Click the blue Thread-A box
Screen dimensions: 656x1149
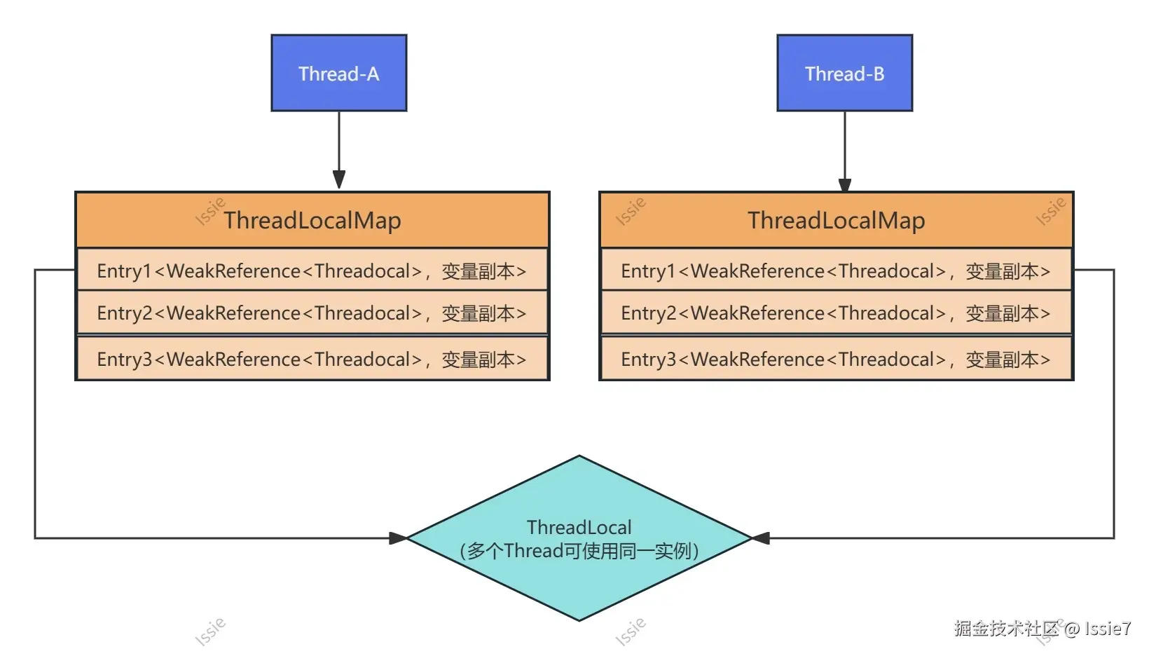(x=339, y=73)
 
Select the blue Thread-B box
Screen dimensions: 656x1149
(x=844, y=73)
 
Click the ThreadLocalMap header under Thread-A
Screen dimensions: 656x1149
(x=312, y=220)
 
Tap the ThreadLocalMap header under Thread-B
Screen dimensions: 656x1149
(x=836, y=220)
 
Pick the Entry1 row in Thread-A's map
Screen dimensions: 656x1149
(x=312, y=271)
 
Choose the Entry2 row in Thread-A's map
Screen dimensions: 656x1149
(x=312, y=313)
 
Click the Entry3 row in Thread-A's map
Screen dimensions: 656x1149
(x=312, y=359)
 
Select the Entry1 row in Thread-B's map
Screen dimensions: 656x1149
(x=836, y=271)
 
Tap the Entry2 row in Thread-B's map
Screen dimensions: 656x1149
(x=836, y=313)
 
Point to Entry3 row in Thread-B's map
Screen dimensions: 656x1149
(x=836, y=359)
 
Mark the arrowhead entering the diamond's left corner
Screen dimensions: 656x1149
(x=398, y=538)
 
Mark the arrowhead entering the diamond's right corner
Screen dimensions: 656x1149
(x=761, y=538)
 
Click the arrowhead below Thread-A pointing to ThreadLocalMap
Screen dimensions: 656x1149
(x=339, y=179)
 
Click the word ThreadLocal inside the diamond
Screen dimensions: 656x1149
(x=579, y=527)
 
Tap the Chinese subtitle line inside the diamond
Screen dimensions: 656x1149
(x=579, y=551)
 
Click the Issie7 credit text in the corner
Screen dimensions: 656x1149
(x=1107, y=629)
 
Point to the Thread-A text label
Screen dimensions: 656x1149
(x=339, y=74)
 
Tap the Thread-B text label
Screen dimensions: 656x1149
(x=844, y=74)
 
